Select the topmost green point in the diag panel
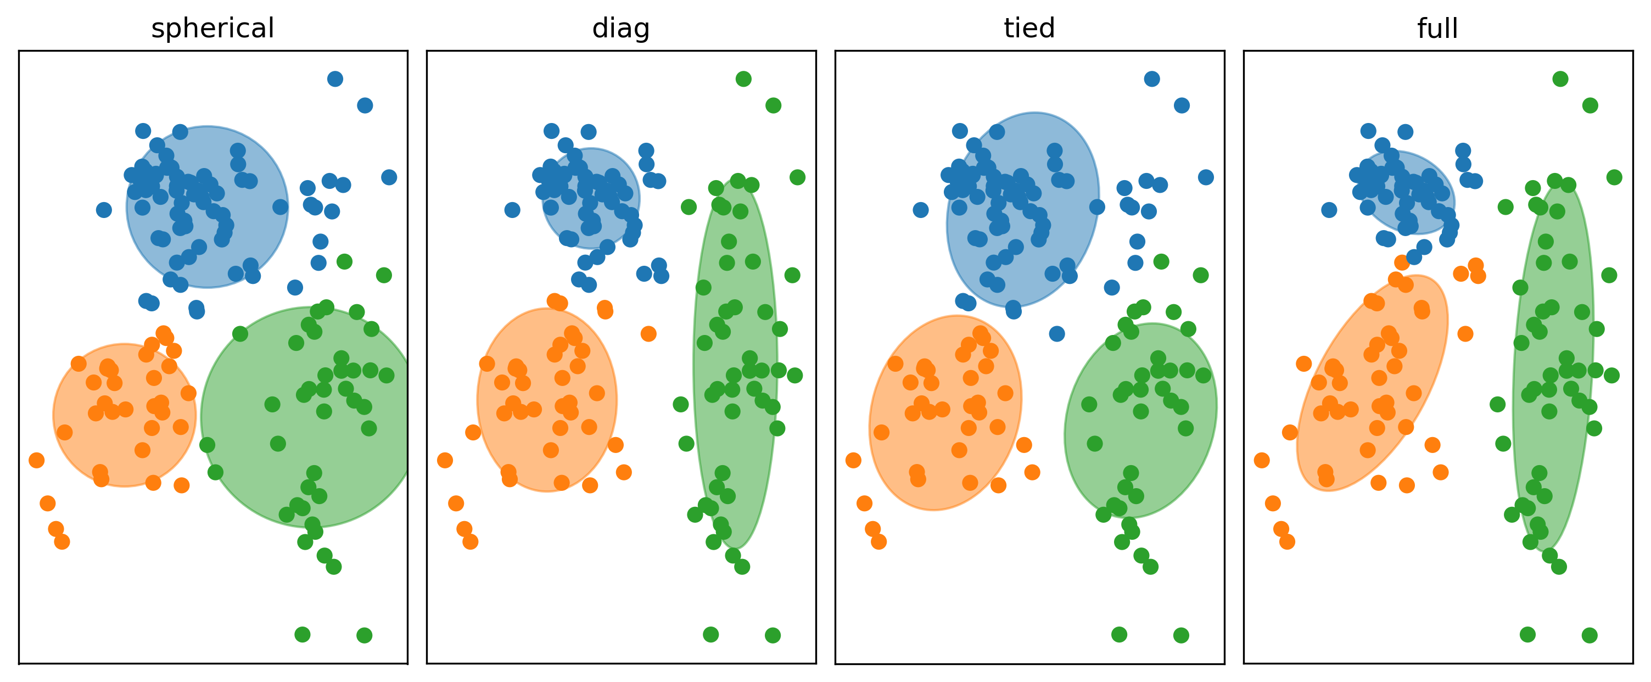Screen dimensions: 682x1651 click(743, 79)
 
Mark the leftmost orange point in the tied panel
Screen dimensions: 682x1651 click(853, 460)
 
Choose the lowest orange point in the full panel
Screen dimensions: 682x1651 click(1287, 541)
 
